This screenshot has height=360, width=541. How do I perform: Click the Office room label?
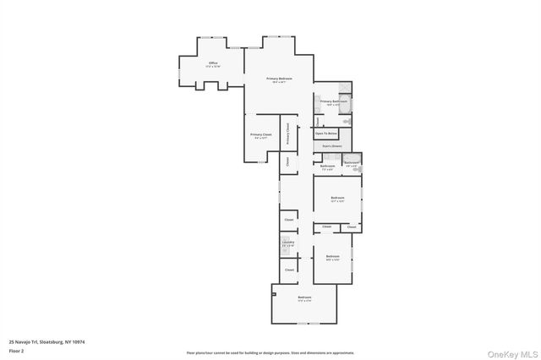tap(214, 63)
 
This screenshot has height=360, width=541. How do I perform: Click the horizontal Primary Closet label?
tap(260, 135)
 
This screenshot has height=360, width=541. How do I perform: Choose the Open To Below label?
tap(326, 134)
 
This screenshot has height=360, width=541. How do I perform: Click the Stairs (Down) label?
tap(331, 146)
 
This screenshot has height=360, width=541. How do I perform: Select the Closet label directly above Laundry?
tap(288, 221)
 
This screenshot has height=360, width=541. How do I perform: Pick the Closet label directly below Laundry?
tap(288, 270)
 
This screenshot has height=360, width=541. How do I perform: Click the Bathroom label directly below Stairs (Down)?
tap(327, 166)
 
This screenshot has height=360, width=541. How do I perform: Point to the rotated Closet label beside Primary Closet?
tap(287, 161)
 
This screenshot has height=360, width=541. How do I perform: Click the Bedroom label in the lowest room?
tap(304, 298)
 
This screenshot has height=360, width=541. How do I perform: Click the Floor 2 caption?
tap(16, 350)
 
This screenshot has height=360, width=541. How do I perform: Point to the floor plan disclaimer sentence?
tap(270, 353)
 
